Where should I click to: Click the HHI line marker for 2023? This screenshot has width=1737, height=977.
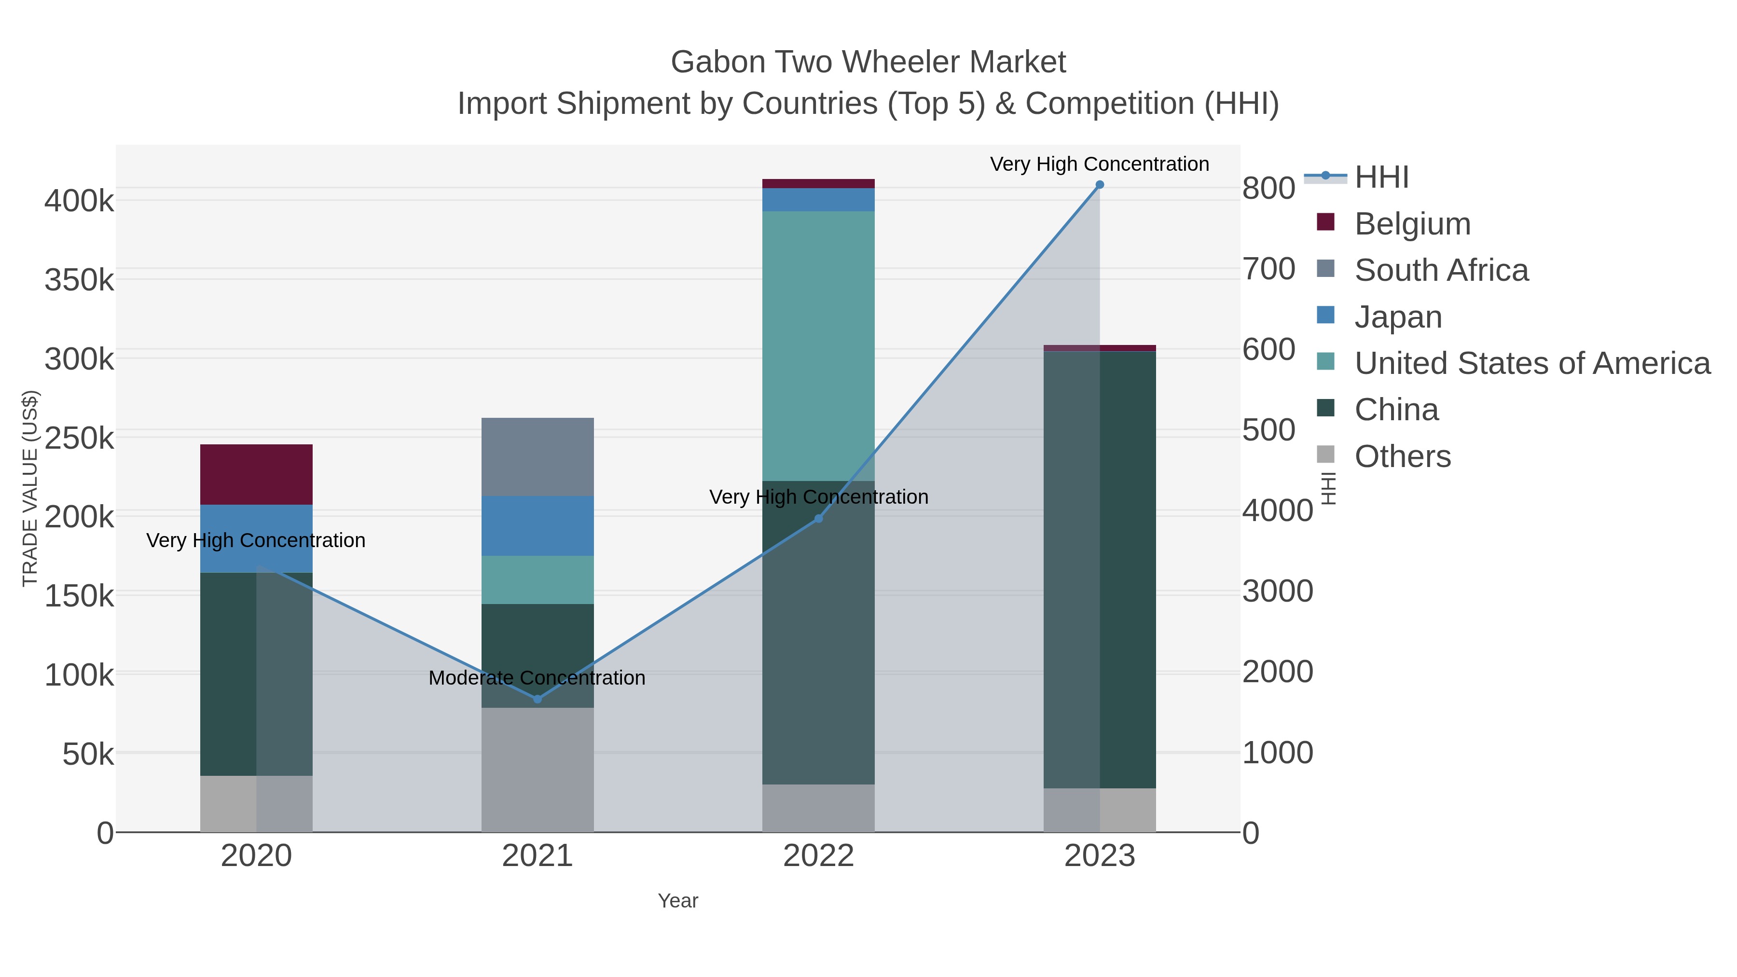1099,185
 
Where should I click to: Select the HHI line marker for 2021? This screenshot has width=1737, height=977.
538,699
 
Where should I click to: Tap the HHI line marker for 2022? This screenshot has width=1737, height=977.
819,519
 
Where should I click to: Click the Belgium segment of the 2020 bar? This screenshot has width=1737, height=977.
256,474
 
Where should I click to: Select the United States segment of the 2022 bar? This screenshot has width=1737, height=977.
819,345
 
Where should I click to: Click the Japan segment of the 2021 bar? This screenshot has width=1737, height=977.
538,525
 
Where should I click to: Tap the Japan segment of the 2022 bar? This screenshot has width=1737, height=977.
819,200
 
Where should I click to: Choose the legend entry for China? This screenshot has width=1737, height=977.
1396,410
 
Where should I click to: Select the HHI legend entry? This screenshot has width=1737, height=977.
1381,178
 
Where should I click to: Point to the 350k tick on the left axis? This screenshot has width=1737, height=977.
79,280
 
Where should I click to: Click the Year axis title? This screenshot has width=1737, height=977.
678,901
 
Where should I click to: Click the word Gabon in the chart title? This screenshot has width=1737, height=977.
717,62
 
